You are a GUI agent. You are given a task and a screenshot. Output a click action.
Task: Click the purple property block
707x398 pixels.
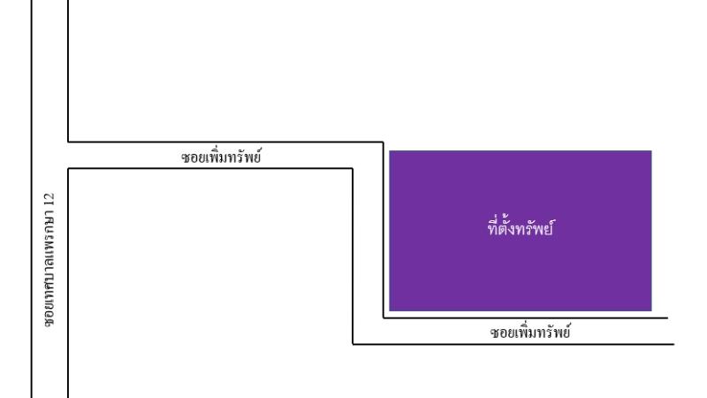[521, 231]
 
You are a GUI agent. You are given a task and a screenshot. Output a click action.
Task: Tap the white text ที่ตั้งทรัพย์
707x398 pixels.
[521, 228]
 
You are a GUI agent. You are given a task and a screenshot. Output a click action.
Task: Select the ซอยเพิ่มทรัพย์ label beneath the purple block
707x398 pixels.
[529, 333]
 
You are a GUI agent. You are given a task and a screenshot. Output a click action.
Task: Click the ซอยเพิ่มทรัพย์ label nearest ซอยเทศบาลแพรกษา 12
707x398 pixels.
[221, 157]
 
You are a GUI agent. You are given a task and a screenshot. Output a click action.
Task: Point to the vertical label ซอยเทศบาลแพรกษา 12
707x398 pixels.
[49, 259]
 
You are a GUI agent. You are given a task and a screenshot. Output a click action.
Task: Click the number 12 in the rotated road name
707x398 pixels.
[49, 200]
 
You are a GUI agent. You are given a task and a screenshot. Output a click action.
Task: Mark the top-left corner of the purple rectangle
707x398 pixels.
[390, 151]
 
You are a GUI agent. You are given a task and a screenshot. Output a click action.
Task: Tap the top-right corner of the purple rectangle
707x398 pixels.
[651, 151]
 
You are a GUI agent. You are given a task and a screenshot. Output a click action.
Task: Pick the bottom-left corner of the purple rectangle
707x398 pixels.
[390, 311]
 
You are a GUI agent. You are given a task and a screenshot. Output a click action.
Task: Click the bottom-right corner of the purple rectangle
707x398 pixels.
[651, 311]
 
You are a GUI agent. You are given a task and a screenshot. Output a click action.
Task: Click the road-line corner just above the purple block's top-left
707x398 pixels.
[384, 142]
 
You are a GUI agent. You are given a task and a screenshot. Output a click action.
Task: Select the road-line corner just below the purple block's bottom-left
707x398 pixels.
[384, 318]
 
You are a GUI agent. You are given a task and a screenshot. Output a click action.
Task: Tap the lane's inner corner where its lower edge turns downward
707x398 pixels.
[352, 169]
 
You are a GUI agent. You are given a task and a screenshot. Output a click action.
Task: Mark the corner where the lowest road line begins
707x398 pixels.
[353, 344]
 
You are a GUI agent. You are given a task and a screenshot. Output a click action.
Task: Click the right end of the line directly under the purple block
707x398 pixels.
[667, 318]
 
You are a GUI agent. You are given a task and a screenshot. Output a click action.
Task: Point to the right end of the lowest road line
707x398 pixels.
[673, 344]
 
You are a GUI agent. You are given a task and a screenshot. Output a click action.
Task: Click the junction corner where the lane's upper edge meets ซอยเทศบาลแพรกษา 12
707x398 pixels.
[68, 142]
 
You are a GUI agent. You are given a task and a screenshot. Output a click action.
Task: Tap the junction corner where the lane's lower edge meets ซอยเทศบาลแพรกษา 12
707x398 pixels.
[68, 169]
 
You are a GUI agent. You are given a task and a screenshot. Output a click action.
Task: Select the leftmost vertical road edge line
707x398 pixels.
[32, 199]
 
